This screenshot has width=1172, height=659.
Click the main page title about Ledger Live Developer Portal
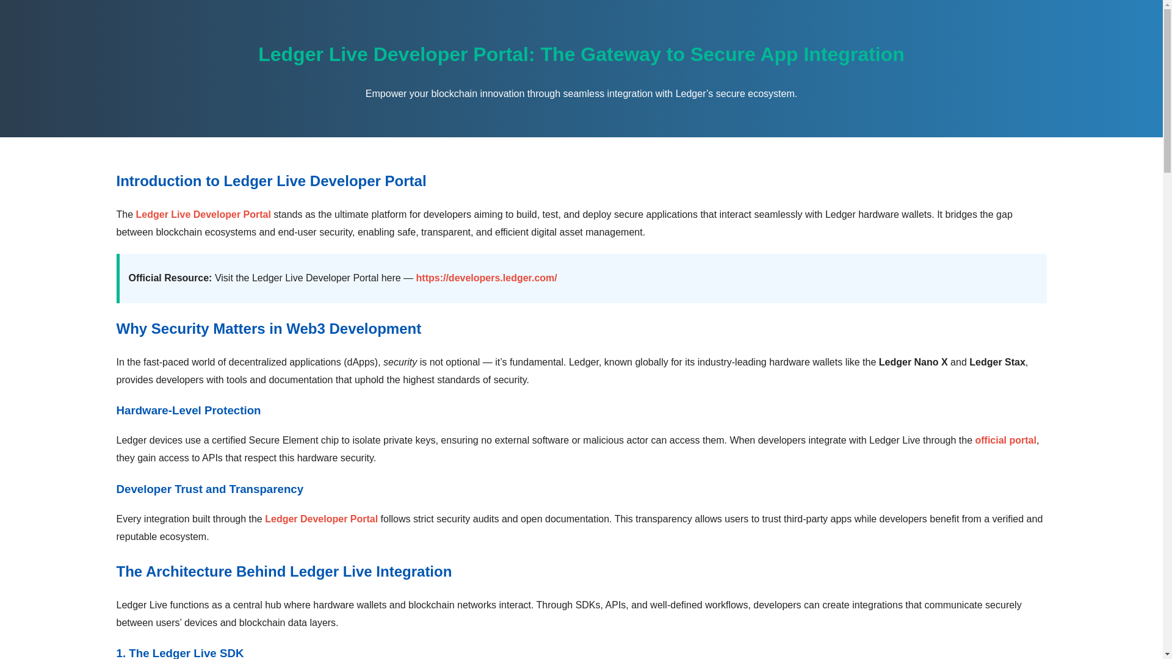(x=581, y=54)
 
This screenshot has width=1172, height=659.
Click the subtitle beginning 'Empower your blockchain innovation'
(x=581, y=94)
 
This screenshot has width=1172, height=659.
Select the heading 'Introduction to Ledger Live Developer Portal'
(x=270, y=181)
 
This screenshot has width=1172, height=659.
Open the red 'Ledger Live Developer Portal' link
(x=203, y=215)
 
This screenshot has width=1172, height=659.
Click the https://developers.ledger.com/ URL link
(x=486, y=278)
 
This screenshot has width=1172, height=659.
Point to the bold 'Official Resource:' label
(x=170, y=278)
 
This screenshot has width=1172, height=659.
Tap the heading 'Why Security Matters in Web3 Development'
(x=268, y=329)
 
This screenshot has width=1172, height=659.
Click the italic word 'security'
(x=400, y=362)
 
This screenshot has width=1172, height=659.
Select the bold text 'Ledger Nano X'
(x=913, y=362)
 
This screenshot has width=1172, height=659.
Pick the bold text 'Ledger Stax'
(x=997, y=362)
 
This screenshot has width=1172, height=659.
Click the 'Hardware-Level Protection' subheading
(x=188, y=411)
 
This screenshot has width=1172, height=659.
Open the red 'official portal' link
(x=1005, y=441)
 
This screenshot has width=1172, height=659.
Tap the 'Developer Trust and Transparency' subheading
(x=209, y=489)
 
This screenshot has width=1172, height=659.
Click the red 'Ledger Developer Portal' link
(x=321, y=519)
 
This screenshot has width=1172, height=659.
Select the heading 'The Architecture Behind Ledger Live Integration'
(x=283, y=572)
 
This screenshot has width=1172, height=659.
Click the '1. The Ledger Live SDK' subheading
(x=179, y=652)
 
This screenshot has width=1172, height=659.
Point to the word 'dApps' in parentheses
(x=361, y=362)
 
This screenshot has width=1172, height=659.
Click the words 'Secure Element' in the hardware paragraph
(x=283, y=441)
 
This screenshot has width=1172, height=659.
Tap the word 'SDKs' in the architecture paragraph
(x=587, y=605)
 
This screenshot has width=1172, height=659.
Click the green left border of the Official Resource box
(x=118, y=278)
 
